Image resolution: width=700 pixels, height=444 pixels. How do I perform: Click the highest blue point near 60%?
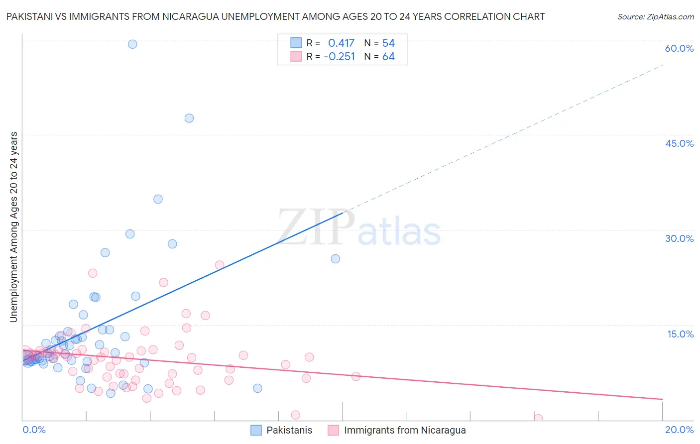click(x=132, y=44)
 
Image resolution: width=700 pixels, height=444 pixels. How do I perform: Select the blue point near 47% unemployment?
click(x=189, y=118)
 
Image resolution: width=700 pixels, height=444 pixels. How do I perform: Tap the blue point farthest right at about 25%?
click(x=336, y=259)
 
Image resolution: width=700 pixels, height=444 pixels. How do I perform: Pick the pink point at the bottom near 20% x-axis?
click(x=538, y=419)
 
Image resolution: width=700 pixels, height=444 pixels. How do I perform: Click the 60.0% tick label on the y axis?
click(x=679, y=48)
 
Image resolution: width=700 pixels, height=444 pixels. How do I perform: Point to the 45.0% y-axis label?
click(x=679, y=143)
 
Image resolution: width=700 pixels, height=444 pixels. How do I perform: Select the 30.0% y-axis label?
click(x=679, y=238)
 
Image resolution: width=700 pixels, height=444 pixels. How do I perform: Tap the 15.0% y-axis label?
click(x=680, y=334)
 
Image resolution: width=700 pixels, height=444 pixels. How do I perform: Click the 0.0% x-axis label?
click(x=34, y=430)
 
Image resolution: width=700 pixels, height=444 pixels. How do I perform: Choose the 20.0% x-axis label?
click(x=679, y=430)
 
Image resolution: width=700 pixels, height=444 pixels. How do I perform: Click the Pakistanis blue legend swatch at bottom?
click(x=256, y=430)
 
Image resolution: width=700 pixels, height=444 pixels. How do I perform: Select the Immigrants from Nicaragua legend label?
click(x=405, y=430)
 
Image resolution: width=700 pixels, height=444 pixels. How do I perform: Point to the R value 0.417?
click(x=341, y=43)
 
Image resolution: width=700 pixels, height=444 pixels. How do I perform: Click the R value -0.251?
click(x=340, y=57)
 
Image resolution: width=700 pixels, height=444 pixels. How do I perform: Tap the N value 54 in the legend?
click(x=388, y=43)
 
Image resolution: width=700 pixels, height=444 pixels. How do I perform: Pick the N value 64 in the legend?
click(x=388, y=57)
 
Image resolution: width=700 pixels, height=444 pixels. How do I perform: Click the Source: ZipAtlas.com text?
click(x=655, y=17)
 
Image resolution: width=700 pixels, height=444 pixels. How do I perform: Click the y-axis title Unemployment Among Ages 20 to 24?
click(x=14, y=226)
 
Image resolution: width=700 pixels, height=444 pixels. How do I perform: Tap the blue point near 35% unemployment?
click(x=158, y=199)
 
